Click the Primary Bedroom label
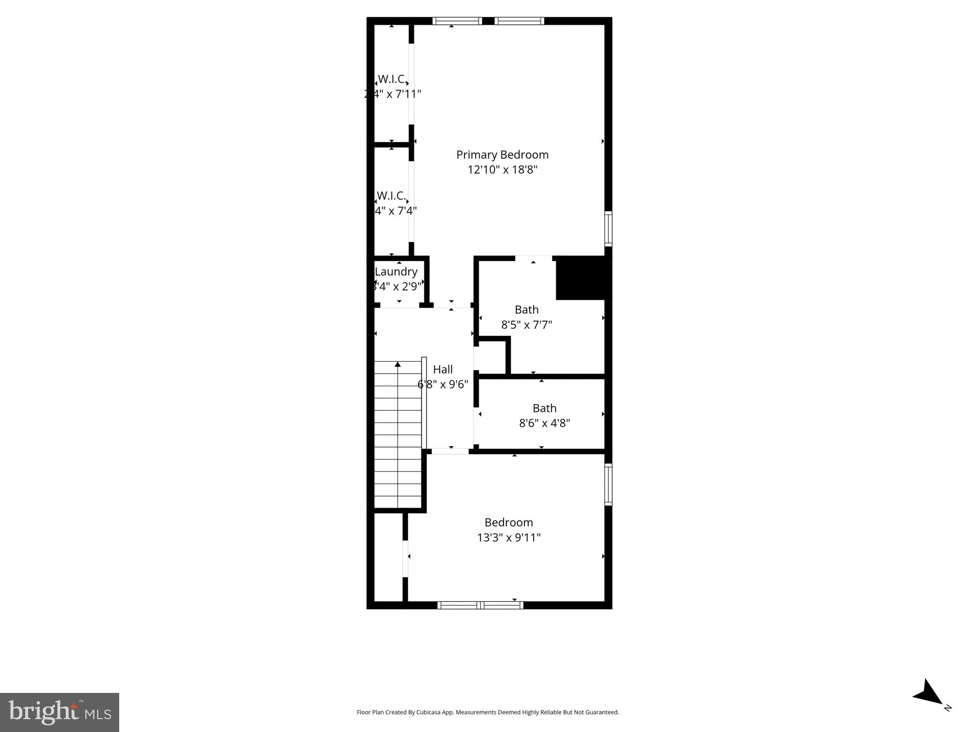coord(502,155)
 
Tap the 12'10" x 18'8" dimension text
coord(502,170)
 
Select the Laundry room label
coord(396,272)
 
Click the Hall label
coord(442,369)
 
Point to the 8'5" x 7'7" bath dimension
coord(526,325)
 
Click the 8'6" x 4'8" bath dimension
coord(544,423)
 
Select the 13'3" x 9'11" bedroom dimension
coord(508,538)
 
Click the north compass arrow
coord(928,693)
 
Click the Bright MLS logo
coord(60,712)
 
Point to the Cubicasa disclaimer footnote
coord(487,712)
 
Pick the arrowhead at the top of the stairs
coord(398,365)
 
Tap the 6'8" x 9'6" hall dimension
coord(442,385)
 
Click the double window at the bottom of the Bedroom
coord(480,605)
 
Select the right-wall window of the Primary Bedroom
coord(608,229)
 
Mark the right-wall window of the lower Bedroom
coord(608,484)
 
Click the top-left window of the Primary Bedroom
coord(457,21)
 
